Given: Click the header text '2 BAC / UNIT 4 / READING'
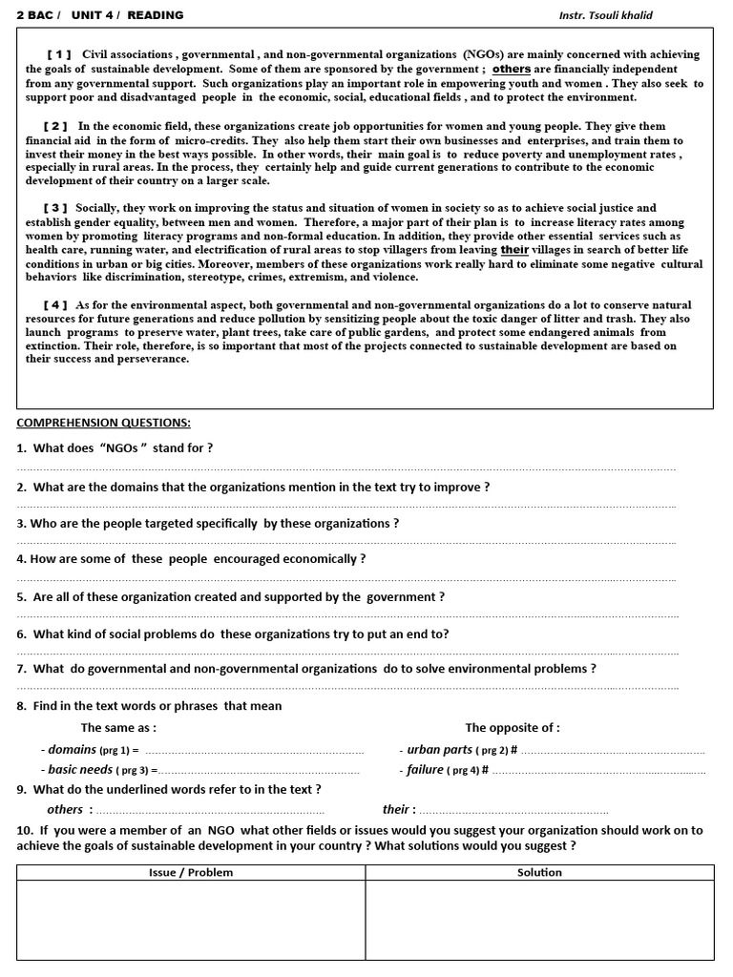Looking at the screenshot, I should (100, 15).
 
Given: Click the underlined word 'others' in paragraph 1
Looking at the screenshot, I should (512, 70).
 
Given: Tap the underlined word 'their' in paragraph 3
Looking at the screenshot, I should (514, 250).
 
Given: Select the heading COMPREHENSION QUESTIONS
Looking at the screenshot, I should (103, 423).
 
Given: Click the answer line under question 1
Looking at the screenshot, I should (346, 468).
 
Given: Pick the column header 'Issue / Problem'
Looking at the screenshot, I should (191, 872).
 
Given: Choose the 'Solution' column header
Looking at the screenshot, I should (539, 872).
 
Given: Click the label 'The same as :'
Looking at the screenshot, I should (119, 728).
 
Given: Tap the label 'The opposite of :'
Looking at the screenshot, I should (513, 728).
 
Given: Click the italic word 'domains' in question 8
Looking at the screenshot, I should (73, 750).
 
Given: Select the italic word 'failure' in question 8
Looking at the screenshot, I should (426, 770).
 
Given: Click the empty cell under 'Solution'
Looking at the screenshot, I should (539, 920).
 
